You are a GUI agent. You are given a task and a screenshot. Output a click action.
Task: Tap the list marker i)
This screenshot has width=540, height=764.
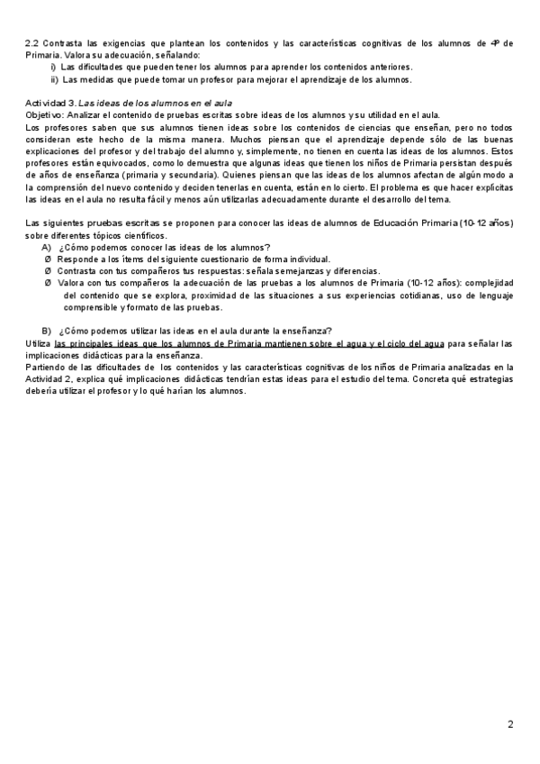click(x=54, y=67)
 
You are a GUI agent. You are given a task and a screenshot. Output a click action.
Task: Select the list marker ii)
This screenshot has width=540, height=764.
click(x=53, y=79)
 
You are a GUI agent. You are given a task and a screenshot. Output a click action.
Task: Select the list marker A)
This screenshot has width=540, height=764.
click(x=47, y=247)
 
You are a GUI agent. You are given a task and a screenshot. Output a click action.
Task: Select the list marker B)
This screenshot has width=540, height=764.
click(x=47, y=330)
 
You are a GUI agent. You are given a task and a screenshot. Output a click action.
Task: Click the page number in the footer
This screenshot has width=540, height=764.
click(x=510, y=723)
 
